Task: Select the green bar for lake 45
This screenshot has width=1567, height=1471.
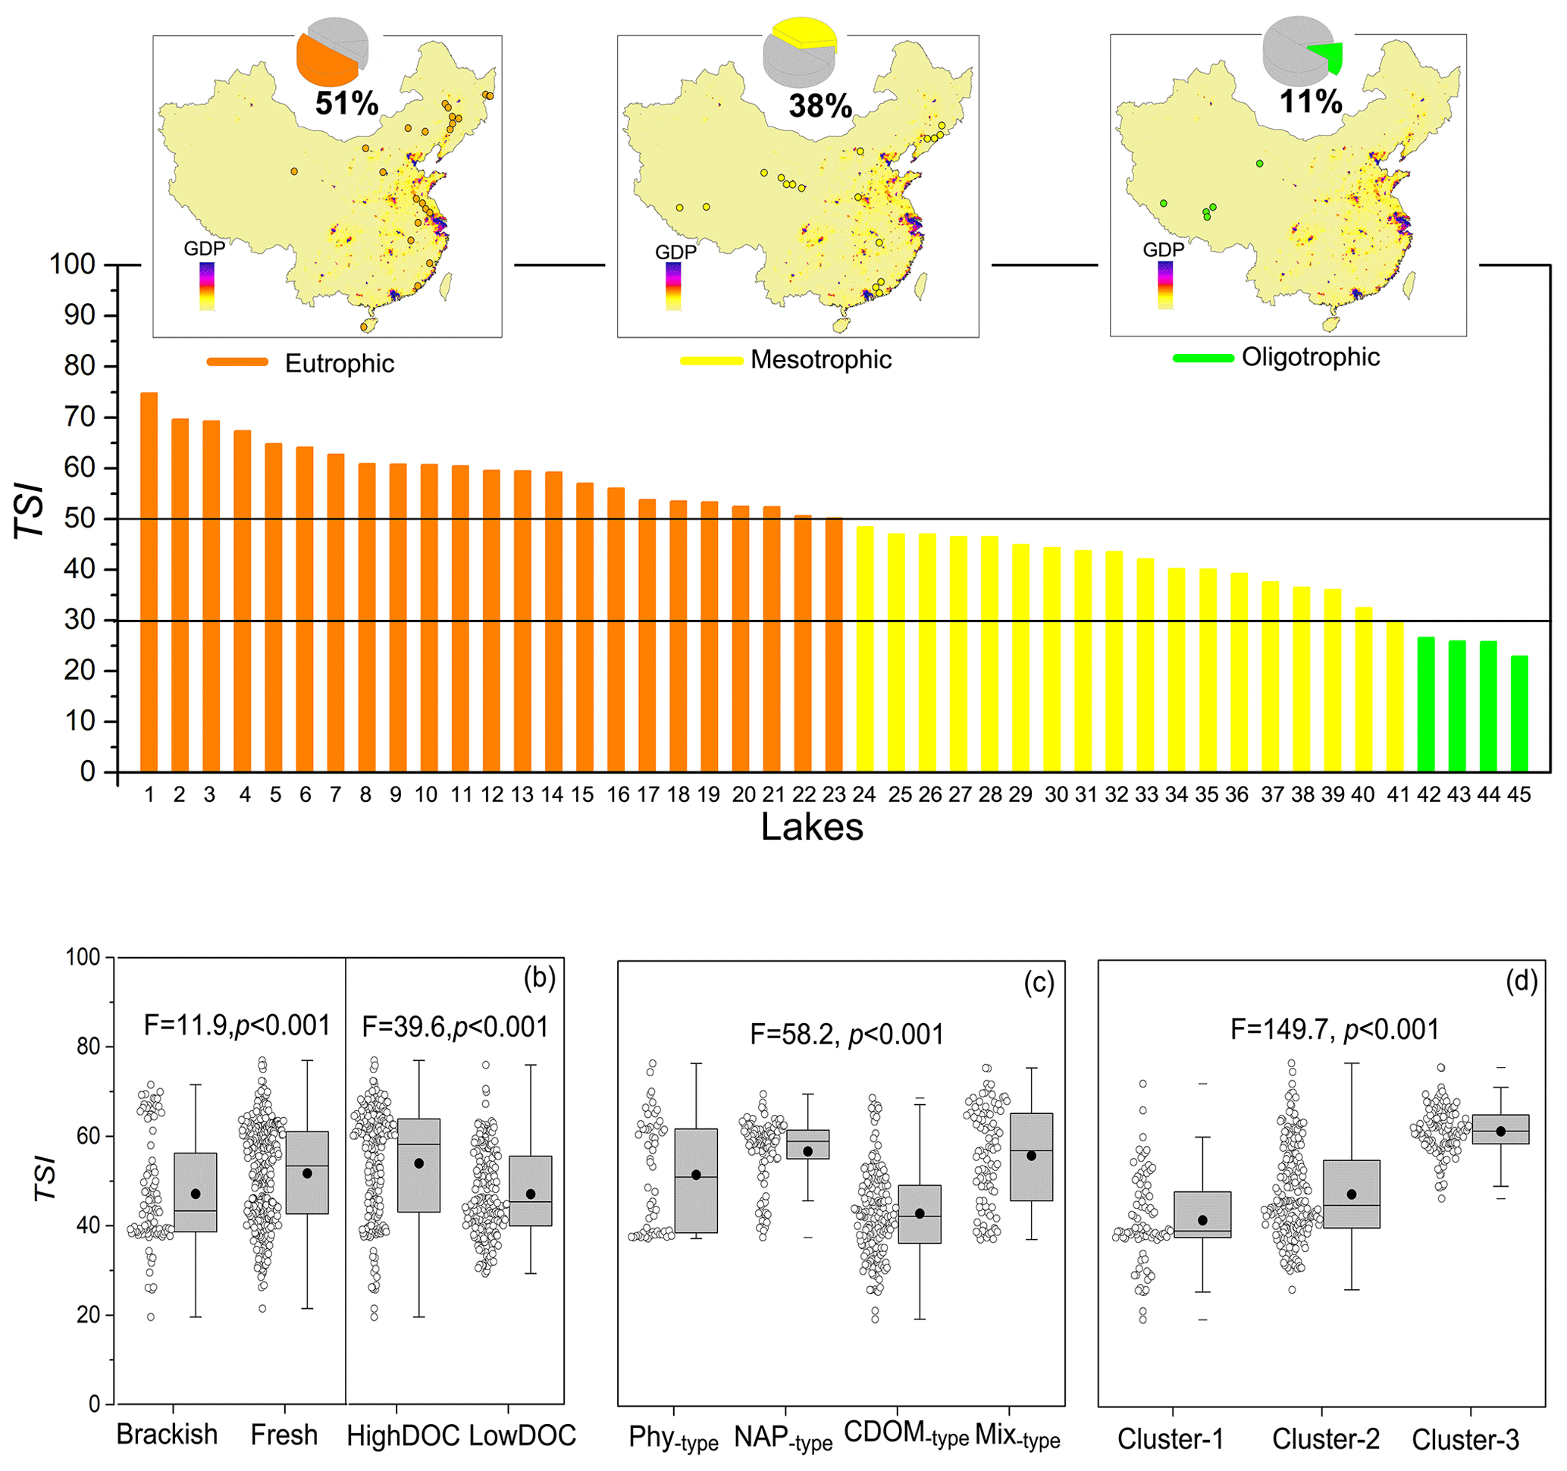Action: (x=1519, y=713)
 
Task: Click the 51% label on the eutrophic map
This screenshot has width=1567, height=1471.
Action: (x=346, y=103)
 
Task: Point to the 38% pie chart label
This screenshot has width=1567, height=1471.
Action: (x=820, y=105)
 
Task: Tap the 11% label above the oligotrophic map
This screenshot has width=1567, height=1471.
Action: (x=1311, y=102)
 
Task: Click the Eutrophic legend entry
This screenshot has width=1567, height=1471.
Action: (x=339, y=363)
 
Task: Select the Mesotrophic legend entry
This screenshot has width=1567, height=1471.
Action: (x=820, y=359)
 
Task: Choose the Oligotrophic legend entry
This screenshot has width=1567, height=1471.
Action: (x=1310, y=357)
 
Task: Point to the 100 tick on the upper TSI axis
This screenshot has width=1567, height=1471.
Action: (x=73, y=264)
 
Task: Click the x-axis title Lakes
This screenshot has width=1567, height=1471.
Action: (x=811, y=828)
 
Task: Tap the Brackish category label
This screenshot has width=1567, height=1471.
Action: (x=167, y=1435)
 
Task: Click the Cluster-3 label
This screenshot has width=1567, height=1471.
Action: (x=1465, y=1439)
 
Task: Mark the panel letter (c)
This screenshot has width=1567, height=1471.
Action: (x=1038, y=982)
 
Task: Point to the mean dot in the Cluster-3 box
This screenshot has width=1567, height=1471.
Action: (x=1500, y=1131)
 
